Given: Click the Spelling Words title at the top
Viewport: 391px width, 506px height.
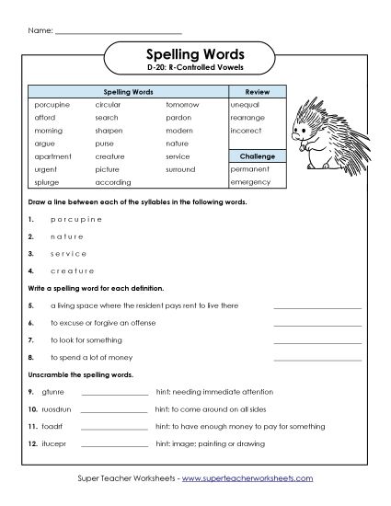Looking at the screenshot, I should pos(195,53).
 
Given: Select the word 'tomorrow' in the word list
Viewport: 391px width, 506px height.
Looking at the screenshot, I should pos(182,104).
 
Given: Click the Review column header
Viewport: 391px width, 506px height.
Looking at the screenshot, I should pos(255,92).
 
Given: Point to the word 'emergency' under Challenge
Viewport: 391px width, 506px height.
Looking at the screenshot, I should pos(250,182).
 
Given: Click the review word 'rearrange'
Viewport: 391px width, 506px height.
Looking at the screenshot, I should pos(248,118).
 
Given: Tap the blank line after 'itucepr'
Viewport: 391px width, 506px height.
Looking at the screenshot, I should pos(115,444).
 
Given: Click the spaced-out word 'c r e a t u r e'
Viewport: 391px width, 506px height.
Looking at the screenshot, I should pos(63,270).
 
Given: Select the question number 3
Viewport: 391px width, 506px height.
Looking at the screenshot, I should pos(30,253).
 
